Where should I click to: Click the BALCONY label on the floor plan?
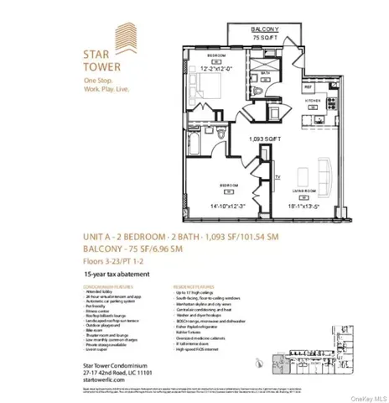coord(259,29)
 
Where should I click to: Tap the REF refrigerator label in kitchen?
coord(285,86)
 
